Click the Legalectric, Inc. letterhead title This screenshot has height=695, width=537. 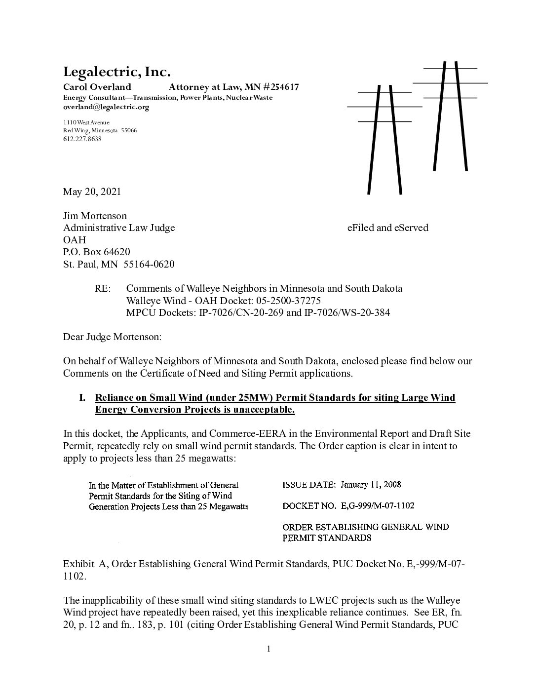tap(116, 73)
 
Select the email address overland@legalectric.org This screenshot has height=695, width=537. tap(106, 107)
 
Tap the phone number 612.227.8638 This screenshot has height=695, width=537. tap(82, 139)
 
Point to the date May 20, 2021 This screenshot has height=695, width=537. tap(92, 192)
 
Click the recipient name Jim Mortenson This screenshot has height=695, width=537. tap(95, 216)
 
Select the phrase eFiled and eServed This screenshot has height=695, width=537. tap(387, 228)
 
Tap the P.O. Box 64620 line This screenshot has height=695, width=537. tap(96, 252)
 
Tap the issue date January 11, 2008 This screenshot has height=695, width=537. tap(370, 484)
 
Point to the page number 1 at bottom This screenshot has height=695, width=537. tap(268, 649)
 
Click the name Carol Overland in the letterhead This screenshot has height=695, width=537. tap(97, 87)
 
